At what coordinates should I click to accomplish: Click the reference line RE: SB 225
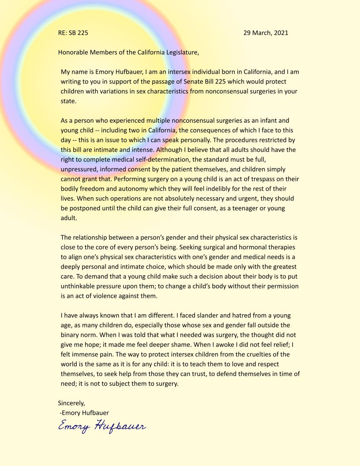76,33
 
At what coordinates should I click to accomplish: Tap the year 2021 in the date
280,33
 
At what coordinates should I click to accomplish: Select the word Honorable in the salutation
74,52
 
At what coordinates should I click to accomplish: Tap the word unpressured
78,169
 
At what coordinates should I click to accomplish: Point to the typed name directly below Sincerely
84,412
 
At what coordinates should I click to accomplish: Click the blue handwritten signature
102,426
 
